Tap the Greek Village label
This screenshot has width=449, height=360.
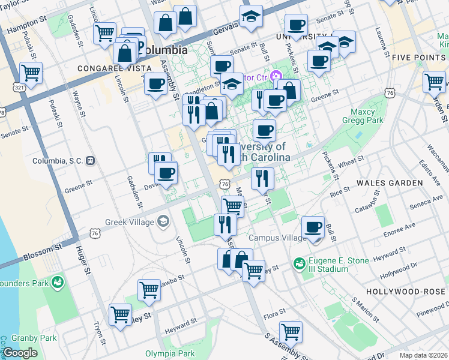[x=129, y=222]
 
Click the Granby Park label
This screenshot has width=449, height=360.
[x=37, y=338]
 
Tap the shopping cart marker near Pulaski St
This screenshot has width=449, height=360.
[x=31, y=73]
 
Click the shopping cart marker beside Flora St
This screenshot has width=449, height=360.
[x=291, y=331]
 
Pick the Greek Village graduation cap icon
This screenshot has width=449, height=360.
[x=163, y=222]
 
